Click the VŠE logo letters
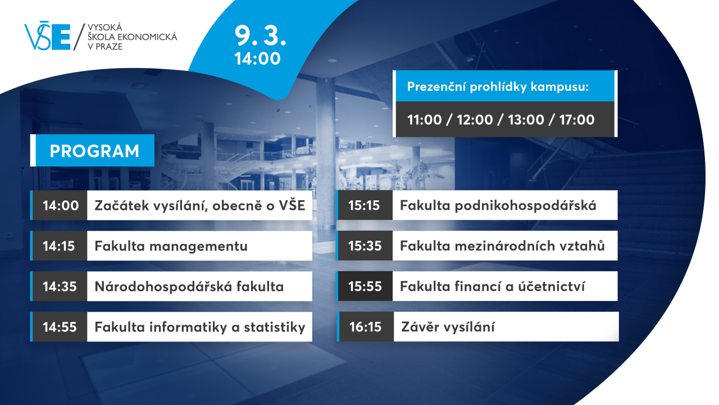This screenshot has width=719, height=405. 48,36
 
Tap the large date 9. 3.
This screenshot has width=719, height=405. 260,35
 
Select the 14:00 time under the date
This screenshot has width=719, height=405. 257,59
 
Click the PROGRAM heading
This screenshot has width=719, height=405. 94,151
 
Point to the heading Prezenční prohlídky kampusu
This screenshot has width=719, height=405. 498,87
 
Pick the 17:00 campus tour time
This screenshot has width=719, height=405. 577,120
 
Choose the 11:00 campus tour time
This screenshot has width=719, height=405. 424,120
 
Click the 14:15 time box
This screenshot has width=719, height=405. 59,246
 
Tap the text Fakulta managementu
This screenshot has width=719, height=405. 171,246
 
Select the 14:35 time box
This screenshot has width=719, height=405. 60,286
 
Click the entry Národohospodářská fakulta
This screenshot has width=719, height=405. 189,287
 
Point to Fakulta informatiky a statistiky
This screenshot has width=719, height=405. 199,327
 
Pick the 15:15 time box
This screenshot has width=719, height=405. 365,205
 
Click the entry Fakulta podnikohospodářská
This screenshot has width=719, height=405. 498,206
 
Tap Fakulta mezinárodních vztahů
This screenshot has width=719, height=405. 502,246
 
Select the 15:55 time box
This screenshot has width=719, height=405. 365,286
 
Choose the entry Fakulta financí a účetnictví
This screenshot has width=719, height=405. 493,286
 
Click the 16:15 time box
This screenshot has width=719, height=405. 366,327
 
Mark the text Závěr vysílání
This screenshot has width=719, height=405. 448,327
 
